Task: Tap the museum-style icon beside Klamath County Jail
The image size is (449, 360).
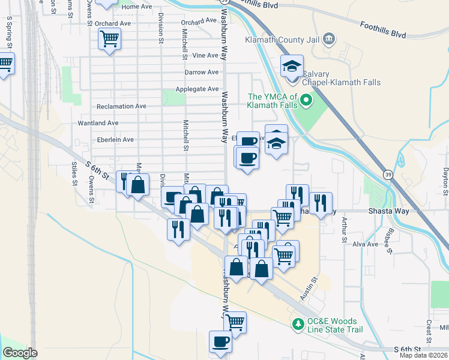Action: coord(328,40)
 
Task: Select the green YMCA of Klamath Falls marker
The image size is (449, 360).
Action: coord(306,100)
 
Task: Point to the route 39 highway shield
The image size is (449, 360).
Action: coord(389,173)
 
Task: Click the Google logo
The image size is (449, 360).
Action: coord(20,353)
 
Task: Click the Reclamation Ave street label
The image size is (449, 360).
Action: coord(121,106)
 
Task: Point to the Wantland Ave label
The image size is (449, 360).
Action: coord(98,123)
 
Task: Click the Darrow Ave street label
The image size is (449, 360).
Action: coord(202,73)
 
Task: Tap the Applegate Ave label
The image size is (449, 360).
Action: coord(197,89)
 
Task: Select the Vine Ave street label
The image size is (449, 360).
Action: coord(206,56)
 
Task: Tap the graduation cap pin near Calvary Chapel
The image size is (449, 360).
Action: coord(292,66)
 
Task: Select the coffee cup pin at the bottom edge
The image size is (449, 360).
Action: coord(220,341)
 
